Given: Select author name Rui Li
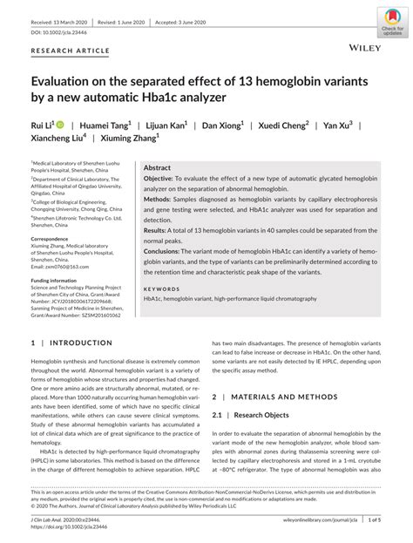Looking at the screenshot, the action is click(x=42, y=126).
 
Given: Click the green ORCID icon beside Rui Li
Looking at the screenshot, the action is click(x=61, y=125).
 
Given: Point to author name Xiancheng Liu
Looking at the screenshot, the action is click(x=58, y=139).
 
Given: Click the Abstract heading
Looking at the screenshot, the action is click(x=157, y=167).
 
